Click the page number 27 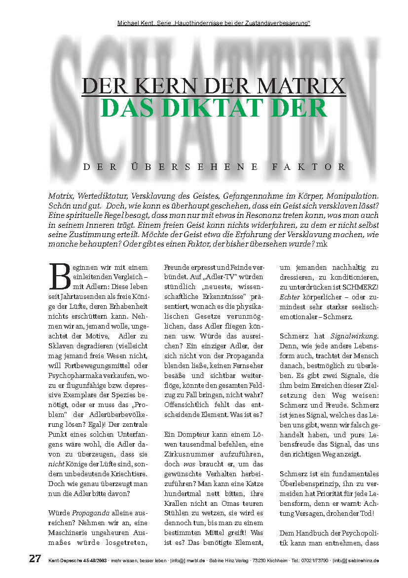tap(35, 559)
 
